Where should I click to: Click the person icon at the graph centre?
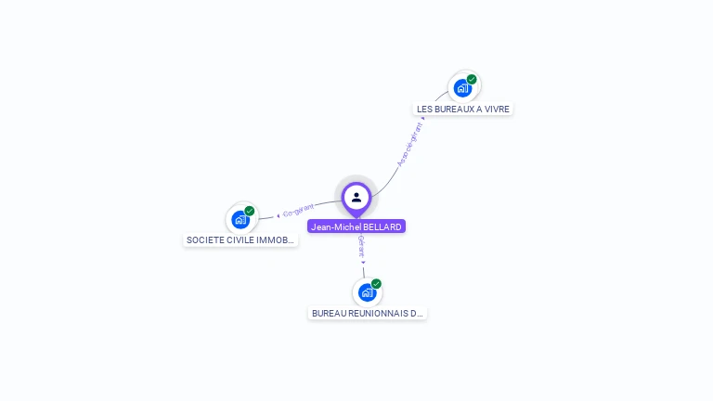(356, 197)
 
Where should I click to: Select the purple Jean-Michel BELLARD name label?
(356, 226)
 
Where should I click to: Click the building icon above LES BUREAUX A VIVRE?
(461, 89)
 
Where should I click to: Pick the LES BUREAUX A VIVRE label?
(463, 109)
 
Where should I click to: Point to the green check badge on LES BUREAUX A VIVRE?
(472, 80)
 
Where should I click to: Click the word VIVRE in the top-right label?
(496, 109)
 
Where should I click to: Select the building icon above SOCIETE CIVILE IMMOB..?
(240, 220)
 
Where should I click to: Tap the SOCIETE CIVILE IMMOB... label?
(240, 239)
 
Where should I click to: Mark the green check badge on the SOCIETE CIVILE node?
(250, 211)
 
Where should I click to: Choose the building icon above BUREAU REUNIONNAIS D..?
(367, 293)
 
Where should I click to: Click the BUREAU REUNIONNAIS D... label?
(367, 314)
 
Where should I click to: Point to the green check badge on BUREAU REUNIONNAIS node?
(376, 284)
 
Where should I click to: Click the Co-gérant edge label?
(299, 210)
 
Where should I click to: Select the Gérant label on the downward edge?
(361, 246)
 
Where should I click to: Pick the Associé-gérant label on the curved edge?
(409, 145)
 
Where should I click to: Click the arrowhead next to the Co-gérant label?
(279, 215)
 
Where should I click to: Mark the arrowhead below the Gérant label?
(363, 262)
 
